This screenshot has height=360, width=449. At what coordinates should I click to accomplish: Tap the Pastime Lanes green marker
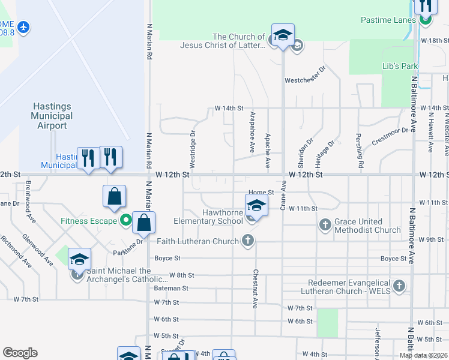426,20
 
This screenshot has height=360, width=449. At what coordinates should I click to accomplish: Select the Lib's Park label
400,66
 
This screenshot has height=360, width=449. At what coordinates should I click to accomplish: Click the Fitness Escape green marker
125,221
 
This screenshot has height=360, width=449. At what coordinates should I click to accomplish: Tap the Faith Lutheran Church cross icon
246,241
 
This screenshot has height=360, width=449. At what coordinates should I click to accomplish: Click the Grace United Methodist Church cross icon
325,226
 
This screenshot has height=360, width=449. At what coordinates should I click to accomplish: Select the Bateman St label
171,288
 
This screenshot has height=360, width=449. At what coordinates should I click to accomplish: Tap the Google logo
20,353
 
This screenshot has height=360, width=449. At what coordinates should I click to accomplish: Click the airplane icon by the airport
24,27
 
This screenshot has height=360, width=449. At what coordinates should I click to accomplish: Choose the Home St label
261,193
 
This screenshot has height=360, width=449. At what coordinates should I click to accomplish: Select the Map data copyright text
423,355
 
